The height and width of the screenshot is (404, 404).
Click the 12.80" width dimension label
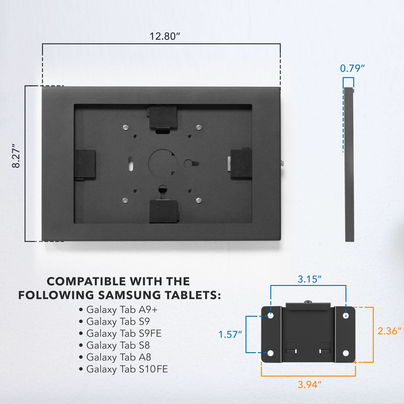tap(165, 36)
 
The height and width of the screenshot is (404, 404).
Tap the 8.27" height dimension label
tap(16, 156)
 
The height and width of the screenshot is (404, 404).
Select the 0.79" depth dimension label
tap(352, 68)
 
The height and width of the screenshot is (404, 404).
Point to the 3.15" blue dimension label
tap(309, 279)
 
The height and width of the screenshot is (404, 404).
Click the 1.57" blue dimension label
tap(230, 334)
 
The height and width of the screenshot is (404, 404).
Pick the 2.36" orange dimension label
tap(389, 331)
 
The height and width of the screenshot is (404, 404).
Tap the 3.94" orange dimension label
tap(309, 385)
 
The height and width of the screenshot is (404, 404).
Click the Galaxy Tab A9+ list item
tap(122, 309)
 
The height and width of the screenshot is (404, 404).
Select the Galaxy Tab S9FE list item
tap(124, 333)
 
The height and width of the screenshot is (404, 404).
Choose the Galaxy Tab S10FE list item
tap(127, 369)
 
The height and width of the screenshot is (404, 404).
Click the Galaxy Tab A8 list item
tap(118, 357)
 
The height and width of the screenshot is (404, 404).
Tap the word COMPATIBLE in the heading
tap(85, 281)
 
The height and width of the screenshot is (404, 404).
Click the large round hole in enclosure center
tap(161, 163)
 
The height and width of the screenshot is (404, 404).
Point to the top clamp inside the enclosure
tap(162, 117)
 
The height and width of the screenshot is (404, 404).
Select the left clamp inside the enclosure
tap(85, 164)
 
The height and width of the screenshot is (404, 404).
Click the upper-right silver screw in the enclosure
tap(199, 127)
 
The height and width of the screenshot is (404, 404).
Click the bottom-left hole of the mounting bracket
tap(271, 353)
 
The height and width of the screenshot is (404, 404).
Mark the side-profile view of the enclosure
tap(349, 164)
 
